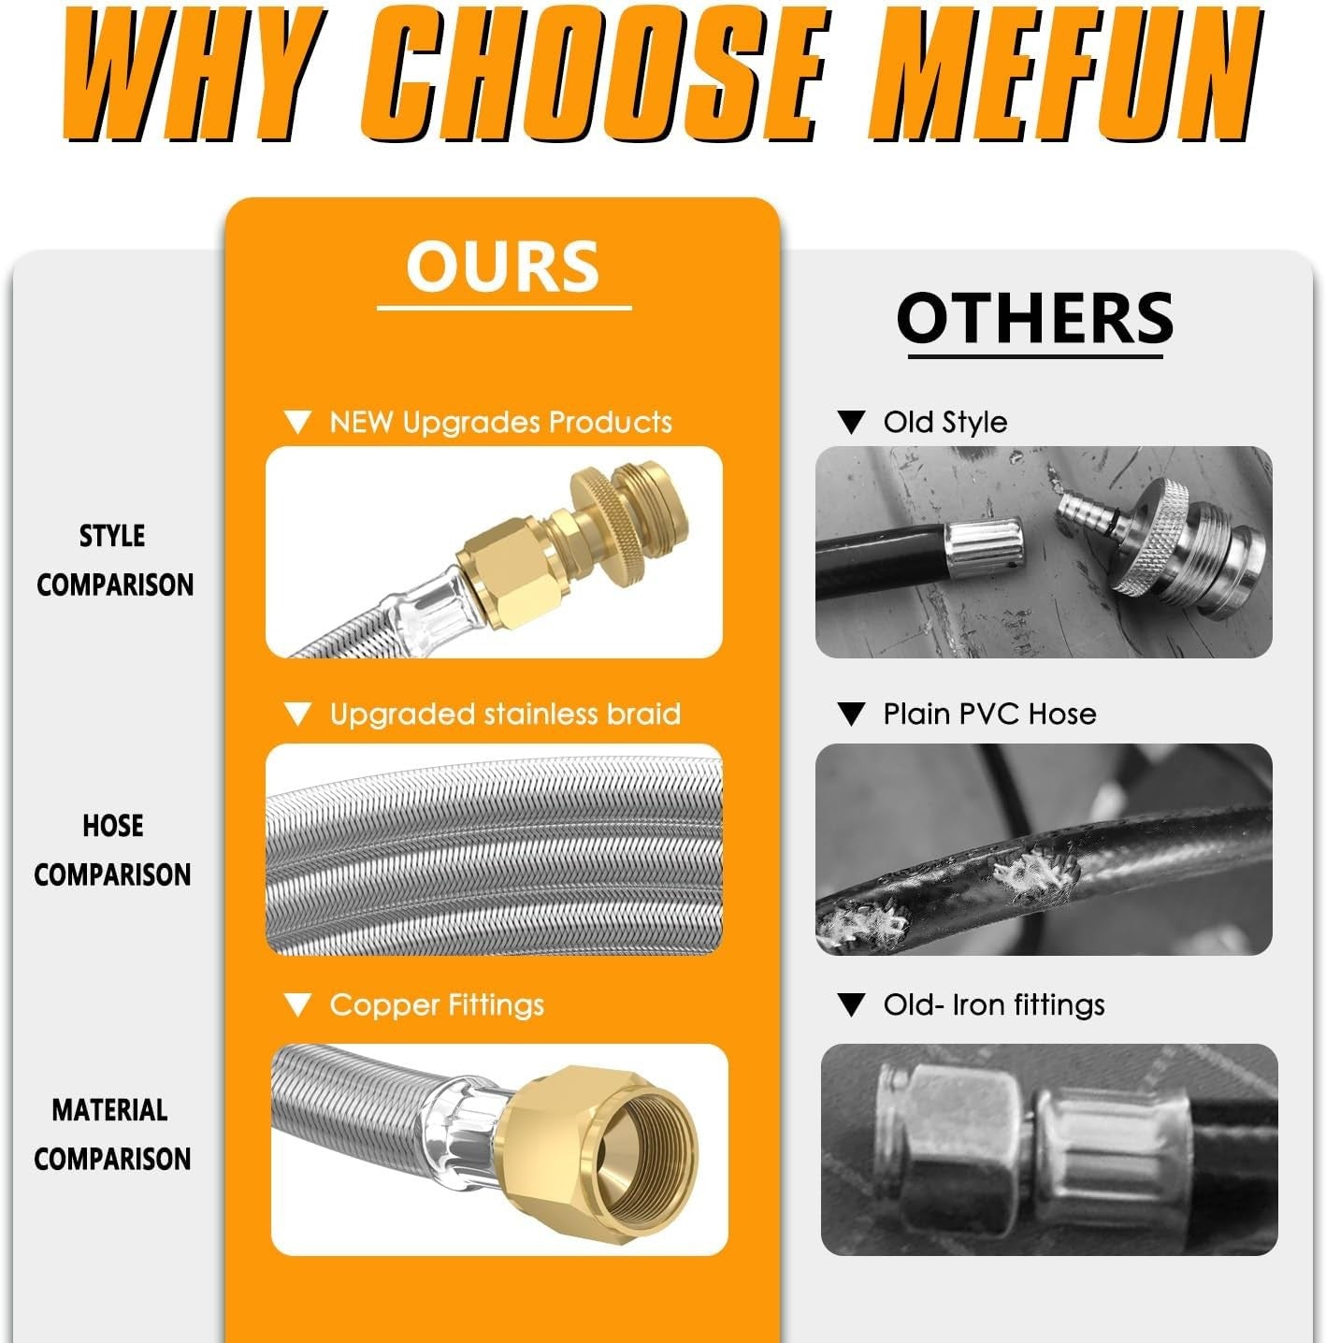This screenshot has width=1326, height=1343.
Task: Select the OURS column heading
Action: pyautogui.click(x=503, y=267)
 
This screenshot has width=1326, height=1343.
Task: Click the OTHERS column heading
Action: pyautogui.click(x=1035, y=318)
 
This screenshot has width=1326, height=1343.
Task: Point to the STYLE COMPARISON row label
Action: pyautogui.click(x=114, y=560)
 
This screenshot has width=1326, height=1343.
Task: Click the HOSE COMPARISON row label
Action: pyautogui.click(x=112, y=850)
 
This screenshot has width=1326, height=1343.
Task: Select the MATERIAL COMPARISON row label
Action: pyautogui.click(x=111, y=1134)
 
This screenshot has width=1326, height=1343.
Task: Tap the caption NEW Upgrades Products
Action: pyautogui.click(x=500, y=423)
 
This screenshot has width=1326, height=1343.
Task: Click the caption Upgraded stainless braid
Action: pyautogui.click(x=505, y=715)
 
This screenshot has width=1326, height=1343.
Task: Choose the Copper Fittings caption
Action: pyautogui.click(x=437, y=1005)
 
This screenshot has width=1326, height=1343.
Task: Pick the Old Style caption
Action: pyautogui.click(x=944, y=423)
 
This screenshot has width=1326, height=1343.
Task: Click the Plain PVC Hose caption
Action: pyautogui.click(x=989, y=715)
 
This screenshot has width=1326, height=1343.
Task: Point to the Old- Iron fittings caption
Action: pyautogui.click(x=993, y=1005)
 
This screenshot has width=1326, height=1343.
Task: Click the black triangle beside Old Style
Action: pyautogui.click(x=851, y=423)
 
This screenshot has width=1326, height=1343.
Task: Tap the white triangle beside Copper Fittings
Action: pyautogui.click(x=297, y=1005)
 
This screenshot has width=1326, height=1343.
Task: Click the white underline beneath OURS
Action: pyautogui.click(x=504, y=308)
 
